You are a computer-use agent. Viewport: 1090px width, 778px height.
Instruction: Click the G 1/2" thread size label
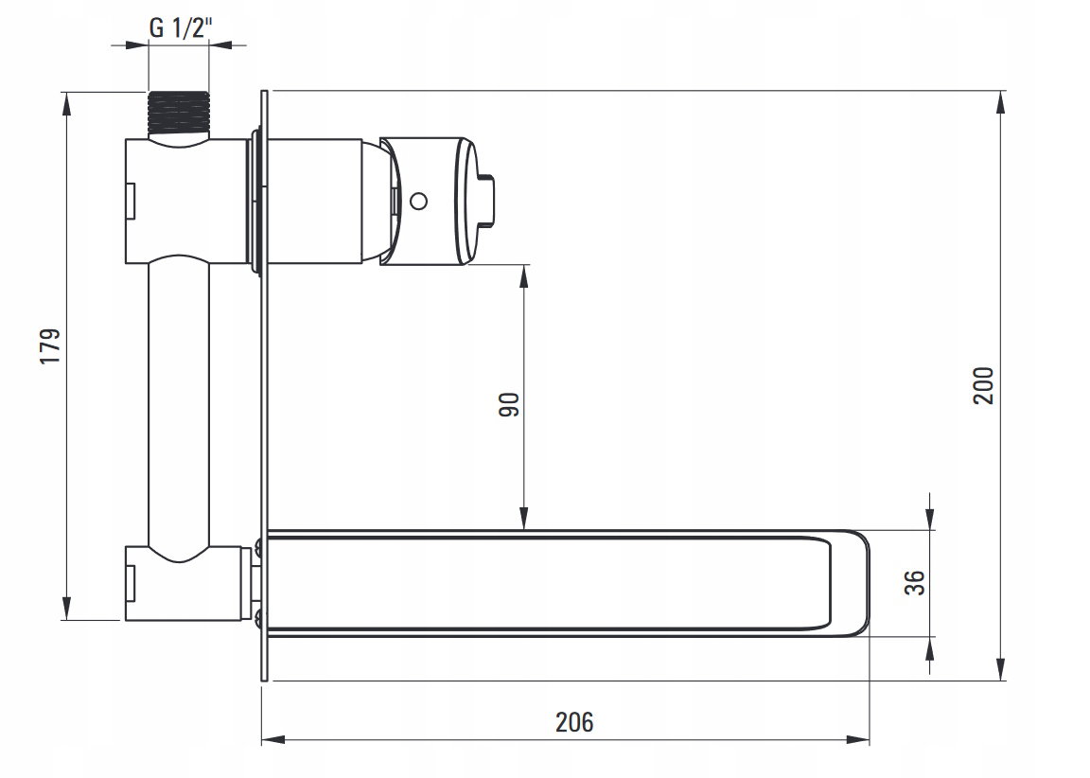pyautogui.click(x=181, y=27)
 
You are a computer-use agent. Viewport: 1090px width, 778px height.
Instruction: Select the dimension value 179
pyautogui.click(x=50, y=345)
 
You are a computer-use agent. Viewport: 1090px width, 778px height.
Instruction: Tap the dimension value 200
pyautogui.click(x=984, y=386)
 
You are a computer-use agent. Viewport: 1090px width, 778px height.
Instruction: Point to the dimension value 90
pyautogui.click(x=509, y=405)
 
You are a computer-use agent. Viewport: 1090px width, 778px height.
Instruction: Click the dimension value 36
pyautogui.click(x=916, y=583)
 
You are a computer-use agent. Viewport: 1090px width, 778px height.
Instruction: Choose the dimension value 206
pyautogui.click(x=575, y=722)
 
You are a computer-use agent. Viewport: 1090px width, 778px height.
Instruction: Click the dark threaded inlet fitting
pyautogui.click(x=179, y=113)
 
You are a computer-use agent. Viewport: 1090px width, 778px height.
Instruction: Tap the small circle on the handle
pyautogui.click(x=418, y=202)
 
